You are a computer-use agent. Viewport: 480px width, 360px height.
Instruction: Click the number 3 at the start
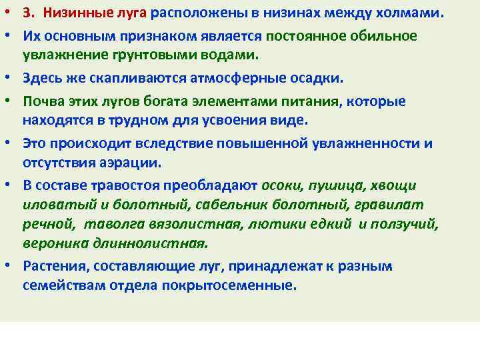(x=26, y=14)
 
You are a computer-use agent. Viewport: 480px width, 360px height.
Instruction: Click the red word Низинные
(x=72, y=14)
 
